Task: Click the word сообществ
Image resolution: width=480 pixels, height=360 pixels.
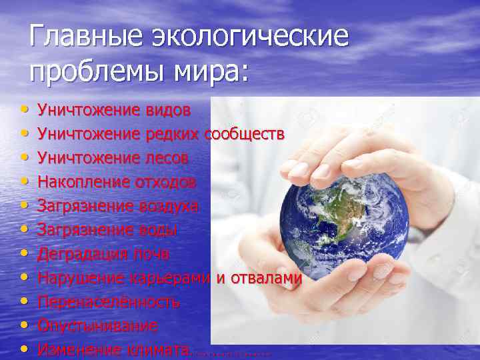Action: click(x=245, y=134)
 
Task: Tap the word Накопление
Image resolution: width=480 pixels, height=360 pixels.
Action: click(x=80, y=182)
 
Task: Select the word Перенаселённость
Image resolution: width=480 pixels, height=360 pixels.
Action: click(x=109, y=302)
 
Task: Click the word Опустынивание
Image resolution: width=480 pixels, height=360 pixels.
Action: click(x=97, y=326)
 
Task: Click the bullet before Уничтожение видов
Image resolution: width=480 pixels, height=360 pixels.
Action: click(x=24, y=107)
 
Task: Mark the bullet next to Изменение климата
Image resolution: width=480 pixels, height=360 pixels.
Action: click(x=24, y=347)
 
